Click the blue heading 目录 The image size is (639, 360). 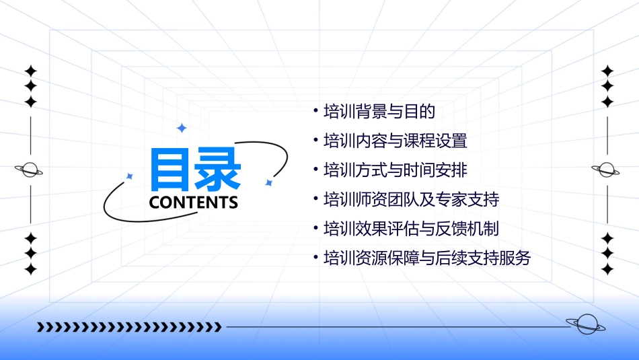click(195, 169)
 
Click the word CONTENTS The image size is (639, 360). click(194, 203)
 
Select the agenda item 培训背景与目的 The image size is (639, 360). click(379, 112)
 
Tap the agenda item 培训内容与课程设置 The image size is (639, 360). click(396, 141)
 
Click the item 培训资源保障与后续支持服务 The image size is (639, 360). click(427, 258)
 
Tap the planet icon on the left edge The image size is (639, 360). click(30, 170)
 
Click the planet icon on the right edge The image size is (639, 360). click(607, 170)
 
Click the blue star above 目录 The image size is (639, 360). click(181, 128)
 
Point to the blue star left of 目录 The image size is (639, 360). click(130, 176)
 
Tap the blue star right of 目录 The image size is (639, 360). click(268, 182)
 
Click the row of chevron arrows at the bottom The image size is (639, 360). click(129, 327)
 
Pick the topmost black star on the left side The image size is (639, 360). click(30, 70)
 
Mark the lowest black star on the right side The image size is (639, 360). click(607, 269)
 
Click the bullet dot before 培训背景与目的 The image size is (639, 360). click(315, 111)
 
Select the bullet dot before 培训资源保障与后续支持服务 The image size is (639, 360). click(315, 257)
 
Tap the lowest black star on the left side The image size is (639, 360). click(30, 269)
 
